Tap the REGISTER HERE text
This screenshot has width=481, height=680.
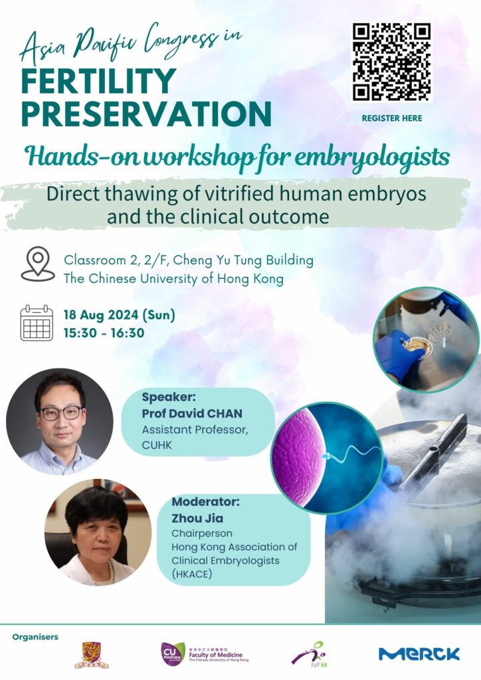[x=392, y=118]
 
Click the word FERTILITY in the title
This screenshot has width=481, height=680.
[x=98, y=81]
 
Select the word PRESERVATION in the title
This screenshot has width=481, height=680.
[x=146, y=113]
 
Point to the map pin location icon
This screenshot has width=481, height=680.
[x=38, y=264]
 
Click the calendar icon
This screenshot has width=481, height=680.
[x=37, y=323]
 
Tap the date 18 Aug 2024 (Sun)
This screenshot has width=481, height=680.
[x=120, y=315]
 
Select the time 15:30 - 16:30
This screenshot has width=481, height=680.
[x=104, y=333]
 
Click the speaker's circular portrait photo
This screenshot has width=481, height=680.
[x=59, y=422]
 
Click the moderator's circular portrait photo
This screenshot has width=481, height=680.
[x=98, y=532]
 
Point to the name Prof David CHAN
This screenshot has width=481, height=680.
[x=192, y=413]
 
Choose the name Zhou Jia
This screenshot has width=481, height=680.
[x=197, y=518]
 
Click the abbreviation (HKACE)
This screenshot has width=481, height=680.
[x=192, y=574]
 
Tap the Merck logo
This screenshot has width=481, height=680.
[x=419, y=653]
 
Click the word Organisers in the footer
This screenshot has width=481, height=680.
[x=35, y=637]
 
